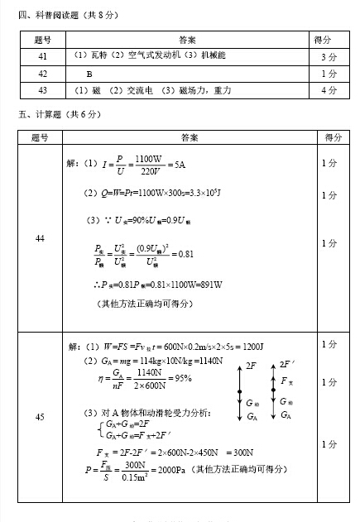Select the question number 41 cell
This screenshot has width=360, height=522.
[x=42, y=56]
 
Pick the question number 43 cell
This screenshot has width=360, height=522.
[x=42, y=90]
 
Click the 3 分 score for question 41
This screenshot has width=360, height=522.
[x=329, y=57]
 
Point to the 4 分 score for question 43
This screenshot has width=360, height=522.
[x=329, y=90]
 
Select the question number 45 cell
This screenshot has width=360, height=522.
[x=41, y=417]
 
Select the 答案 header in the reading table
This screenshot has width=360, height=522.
[x=187, y=39]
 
